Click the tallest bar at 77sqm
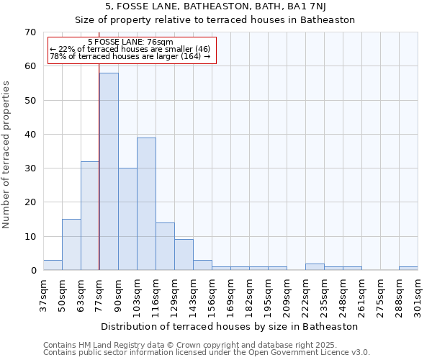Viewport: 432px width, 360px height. tap(109, 171)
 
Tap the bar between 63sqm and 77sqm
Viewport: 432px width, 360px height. tap(90, 216)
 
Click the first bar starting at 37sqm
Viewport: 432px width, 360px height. tap(53, 265)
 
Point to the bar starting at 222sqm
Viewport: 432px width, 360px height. tap(315, 267)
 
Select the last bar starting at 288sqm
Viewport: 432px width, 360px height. tap(408, 269)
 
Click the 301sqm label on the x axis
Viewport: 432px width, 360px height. tap(418, 295)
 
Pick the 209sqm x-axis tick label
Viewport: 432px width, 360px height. tap(287, 295)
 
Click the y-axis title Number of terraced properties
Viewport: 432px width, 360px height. tap(7, 154)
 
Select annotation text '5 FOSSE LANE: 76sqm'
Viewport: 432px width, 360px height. tap(130, 42)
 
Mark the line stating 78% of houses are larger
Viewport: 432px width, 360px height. tap(130, 56)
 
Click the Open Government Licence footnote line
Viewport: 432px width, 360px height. tap(207, 353)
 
